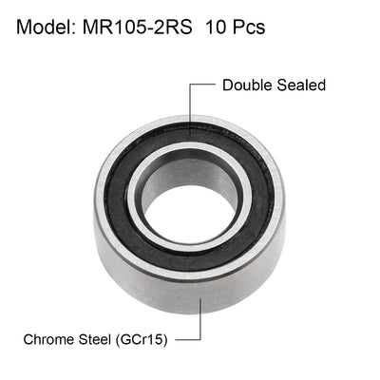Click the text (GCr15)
coord(154,338)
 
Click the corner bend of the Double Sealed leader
coord(190,85)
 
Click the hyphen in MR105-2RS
coord(169,28)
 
